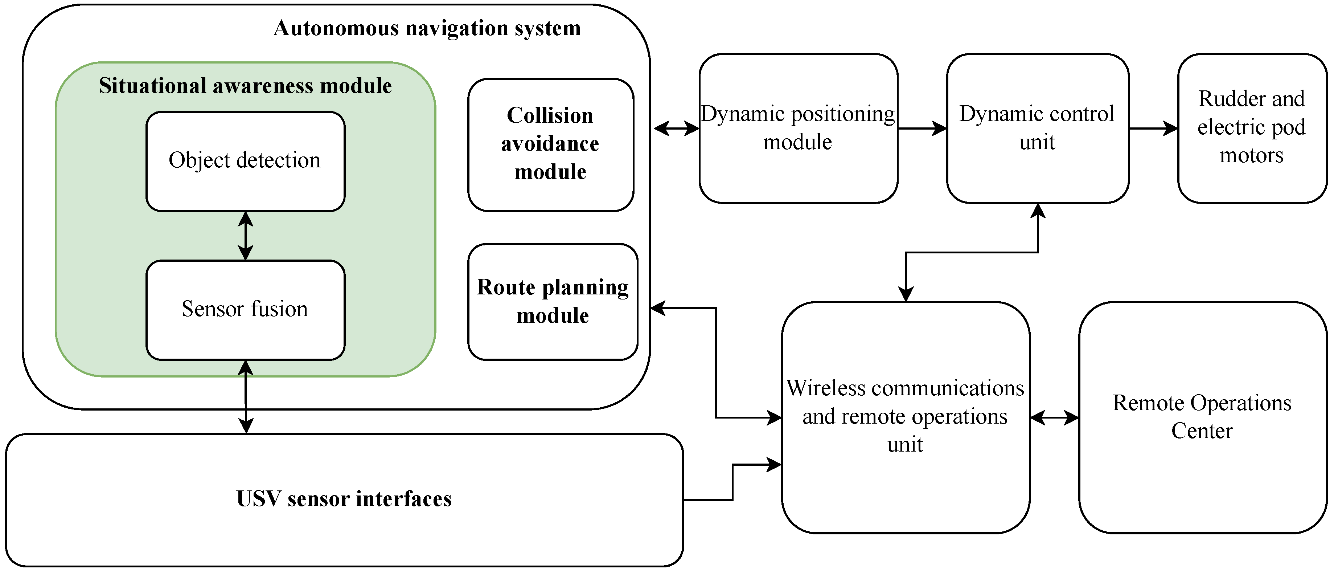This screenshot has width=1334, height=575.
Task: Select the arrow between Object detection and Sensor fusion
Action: (246, 236)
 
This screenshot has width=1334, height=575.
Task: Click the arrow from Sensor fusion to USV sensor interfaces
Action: (246, 397)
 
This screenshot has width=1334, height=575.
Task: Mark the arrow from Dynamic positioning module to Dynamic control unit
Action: (922, 129)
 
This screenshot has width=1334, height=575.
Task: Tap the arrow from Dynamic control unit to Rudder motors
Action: (1153, 129)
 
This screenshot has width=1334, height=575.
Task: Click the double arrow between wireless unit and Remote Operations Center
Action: (1054, 417)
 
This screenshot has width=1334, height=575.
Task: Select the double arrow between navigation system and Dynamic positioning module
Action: (676, 129)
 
